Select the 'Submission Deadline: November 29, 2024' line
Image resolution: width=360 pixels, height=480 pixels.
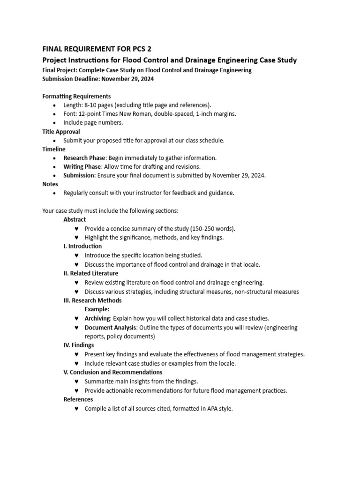(x=98, y=79)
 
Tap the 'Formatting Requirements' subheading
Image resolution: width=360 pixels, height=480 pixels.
(x=76, y=97)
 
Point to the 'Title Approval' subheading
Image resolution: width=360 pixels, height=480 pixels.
(x=61, y=132)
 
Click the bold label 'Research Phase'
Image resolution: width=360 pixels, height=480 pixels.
(x=84, y=158)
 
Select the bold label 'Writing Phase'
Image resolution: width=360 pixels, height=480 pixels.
(x=82, y=166)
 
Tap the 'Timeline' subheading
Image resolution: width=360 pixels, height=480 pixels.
(x=54, y=149)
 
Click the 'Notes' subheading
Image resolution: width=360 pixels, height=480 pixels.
(x=50, y=184)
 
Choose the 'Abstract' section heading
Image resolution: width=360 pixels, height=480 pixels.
(x=75, y=219)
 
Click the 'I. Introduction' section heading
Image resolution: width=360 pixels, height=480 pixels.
(x=82, y=246)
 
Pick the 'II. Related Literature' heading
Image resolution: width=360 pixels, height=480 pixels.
(x=90, y=273)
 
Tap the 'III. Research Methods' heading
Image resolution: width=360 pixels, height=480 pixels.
(x=92, y=300)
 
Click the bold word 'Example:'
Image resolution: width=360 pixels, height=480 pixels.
(x=97, y=309)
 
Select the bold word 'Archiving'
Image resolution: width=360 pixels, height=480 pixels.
(x=97, y=318)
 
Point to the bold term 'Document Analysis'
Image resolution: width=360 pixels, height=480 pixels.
(x=110, y=327)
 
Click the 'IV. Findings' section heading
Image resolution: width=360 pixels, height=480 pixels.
(x=78, y=345)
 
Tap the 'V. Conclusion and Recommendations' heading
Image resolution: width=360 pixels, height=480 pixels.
(x=112, y=372)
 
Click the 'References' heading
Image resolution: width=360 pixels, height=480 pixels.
(x=78, y=399)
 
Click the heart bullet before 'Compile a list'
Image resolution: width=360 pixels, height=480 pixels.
(x=76, y=409)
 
